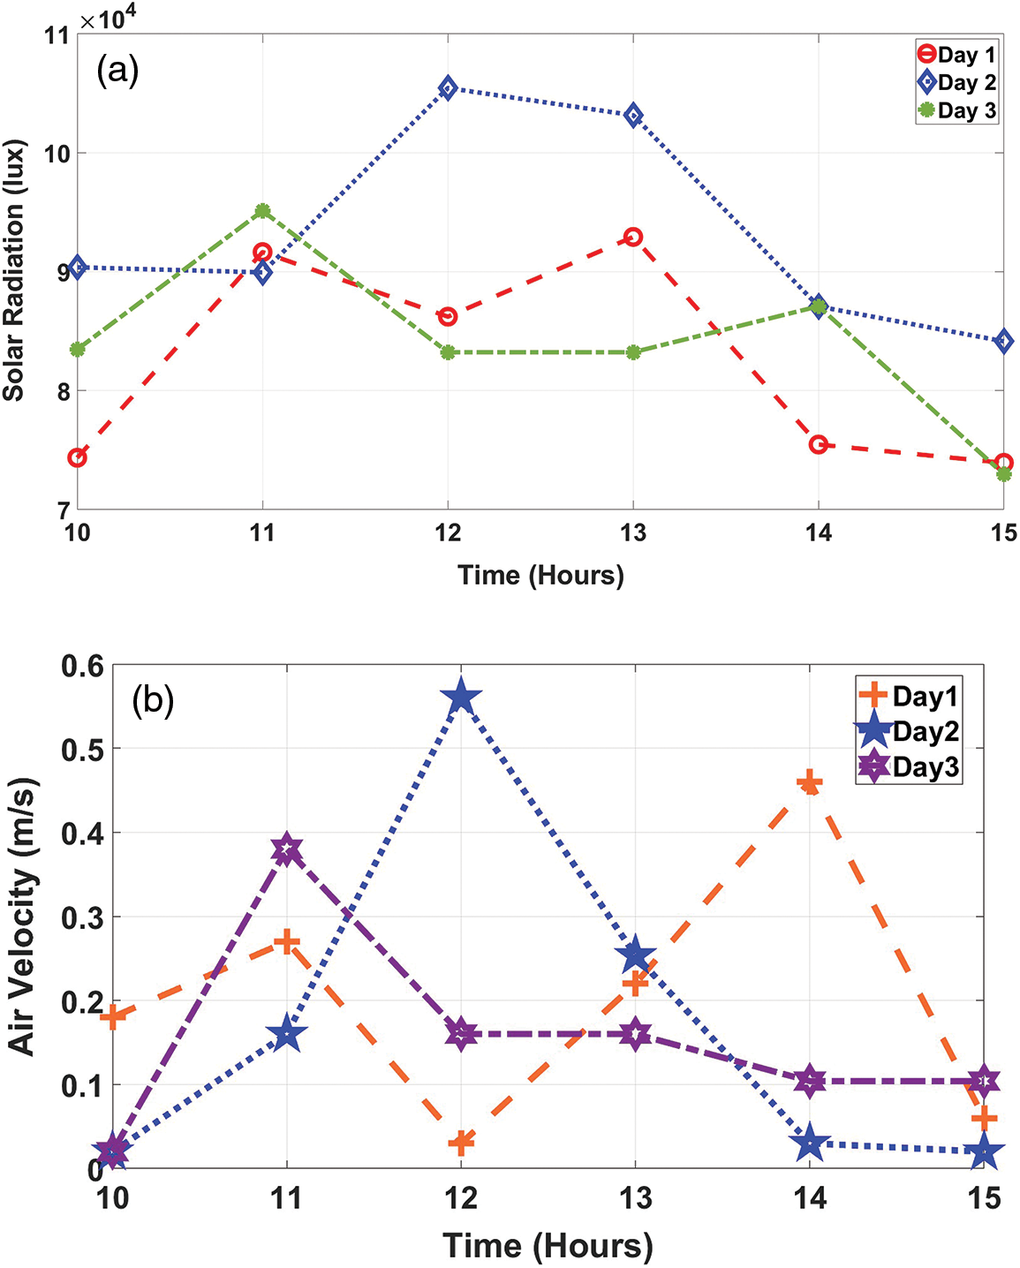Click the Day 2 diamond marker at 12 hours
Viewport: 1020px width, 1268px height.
pos(448,87)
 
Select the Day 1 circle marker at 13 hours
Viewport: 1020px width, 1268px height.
pos(633,237)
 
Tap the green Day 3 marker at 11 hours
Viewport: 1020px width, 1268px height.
pos(262,211)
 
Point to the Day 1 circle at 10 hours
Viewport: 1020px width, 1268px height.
pos(77,457)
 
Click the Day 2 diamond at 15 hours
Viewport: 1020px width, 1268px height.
pos(1003,341)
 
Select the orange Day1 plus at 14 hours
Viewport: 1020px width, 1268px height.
pos(809,782)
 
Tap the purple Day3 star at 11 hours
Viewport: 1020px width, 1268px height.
pos(286,850)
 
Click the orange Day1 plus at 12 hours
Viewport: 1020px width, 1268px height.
pos(460,1142)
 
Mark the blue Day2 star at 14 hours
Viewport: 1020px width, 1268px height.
pos(809,1144)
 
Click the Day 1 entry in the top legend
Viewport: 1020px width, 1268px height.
pos(957,55)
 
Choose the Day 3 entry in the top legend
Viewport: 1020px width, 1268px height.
pos(957,111)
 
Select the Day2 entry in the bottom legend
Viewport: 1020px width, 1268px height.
pos(909,732)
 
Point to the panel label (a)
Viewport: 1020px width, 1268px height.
pos(117,70)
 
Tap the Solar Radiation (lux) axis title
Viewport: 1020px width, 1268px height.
pos(13,270)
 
